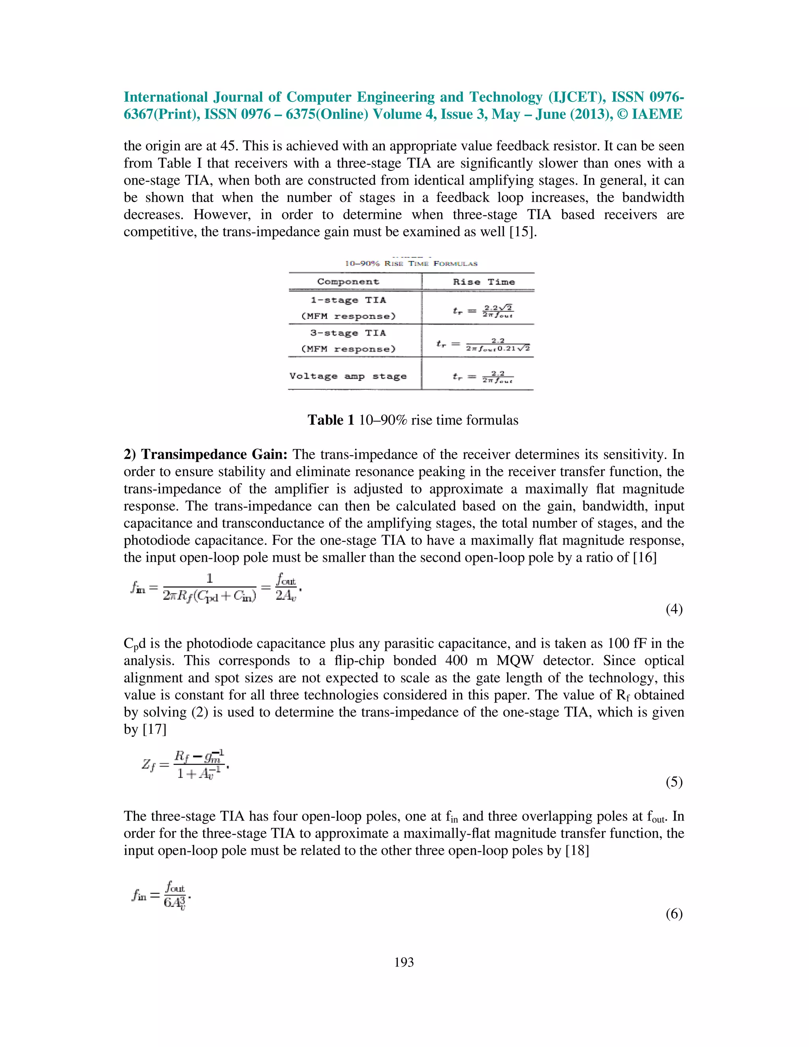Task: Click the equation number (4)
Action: point(674,609)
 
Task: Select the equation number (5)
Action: point(674,782)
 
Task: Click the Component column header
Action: point(348,282)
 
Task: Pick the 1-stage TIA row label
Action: point(348,301)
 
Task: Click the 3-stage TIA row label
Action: point(348,333)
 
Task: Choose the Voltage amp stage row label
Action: point(348,376)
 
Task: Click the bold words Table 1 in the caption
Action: point(331,420)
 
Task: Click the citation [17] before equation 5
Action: point(154,730)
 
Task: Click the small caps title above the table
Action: point(411,264)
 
